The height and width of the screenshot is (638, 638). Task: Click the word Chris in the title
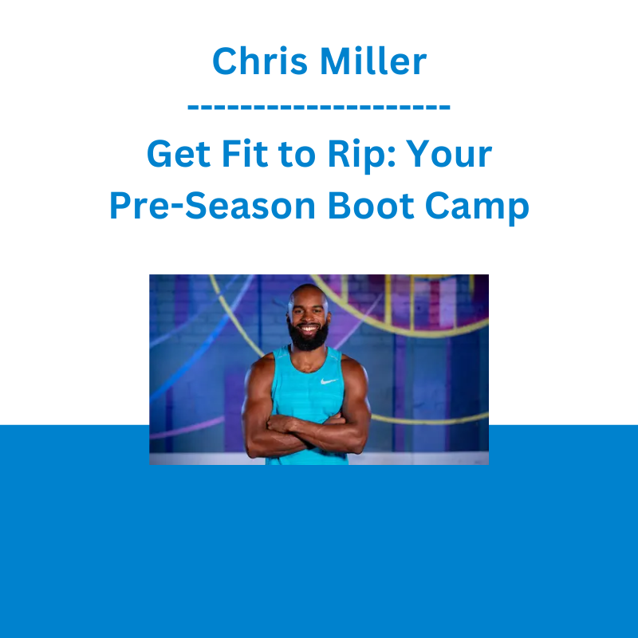tap(260, 61)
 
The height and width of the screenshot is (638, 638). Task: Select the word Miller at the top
tap(373, 61)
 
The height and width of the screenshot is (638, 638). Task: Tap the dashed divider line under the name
tap(319, 107)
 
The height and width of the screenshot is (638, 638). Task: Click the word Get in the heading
tap(179, 154)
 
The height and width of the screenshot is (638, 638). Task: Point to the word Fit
tap(245, 153)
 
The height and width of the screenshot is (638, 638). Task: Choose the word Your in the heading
tap(450, 154)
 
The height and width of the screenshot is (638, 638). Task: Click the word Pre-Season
tap(212, 206)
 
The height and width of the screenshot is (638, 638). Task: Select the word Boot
tap(371, 206)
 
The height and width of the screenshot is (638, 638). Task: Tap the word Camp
tap(477, 208)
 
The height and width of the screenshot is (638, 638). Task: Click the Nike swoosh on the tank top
tap(329, 381)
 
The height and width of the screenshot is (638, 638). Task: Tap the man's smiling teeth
tap(308, 328)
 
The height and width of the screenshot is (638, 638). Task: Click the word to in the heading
tap(297, 155)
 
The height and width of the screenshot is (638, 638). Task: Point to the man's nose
tap(308, 317)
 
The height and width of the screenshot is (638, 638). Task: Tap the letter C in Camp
tap(437, 206)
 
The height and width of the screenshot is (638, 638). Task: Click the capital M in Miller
tap(336, 61)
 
